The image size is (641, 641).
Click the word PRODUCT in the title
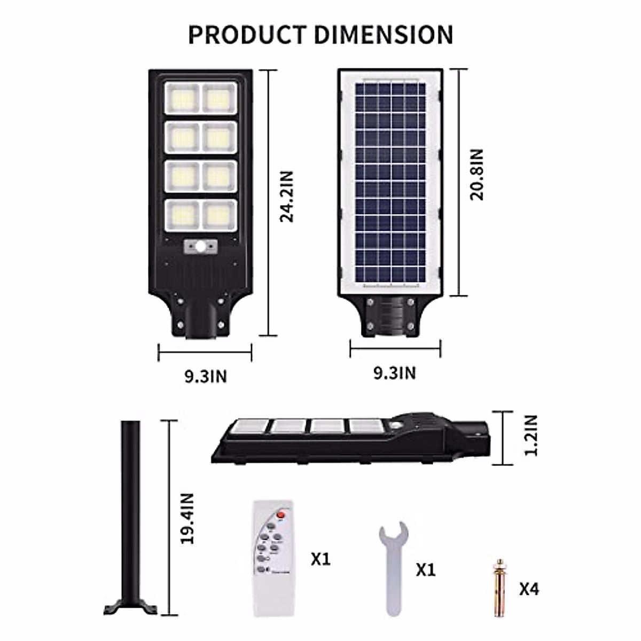248,34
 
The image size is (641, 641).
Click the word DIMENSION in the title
384,34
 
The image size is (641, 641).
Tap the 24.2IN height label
287,196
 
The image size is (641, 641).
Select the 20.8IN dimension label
476,175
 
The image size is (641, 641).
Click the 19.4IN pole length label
186,518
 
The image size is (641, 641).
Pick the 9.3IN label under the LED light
206,376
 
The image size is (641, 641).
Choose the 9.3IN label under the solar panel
394,372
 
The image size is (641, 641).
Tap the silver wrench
393,561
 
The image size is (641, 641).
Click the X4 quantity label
529,589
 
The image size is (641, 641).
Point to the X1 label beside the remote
320,559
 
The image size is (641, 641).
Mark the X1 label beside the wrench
426,569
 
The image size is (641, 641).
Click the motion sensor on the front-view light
201,247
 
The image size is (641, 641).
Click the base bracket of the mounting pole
131,607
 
